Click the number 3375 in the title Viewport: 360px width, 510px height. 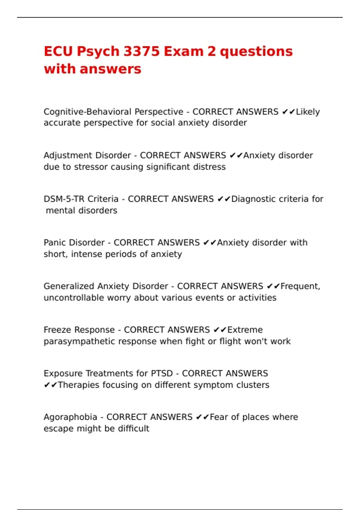click(141, 51)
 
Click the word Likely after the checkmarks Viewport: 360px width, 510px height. click(308, 112)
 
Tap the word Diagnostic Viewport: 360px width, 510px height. click(255, 199)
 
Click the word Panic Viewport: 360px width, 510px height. click(55, 242)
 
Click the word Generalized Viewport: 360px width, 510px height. click(69, 286)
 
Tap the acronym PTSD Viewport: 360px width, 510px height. click(162, 373)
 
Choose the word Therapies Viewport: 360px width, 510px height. click(78, 385)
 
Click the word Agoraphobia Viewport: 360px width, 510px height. click(70, 417)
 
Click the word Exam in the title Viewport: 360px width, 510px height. click(183, 51)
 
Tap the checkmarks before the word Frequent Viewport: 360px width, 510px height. click(273, 286)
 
